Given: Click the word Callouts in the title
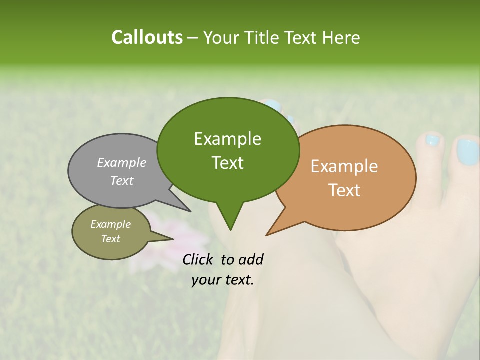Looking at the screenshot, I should (147, 37).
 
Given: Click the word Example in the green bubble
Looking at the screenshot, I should (227, 139).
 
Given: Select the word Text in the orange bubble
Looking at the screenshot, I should (344, 190).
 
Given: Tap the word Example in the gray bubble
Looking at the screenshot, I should (122, 162).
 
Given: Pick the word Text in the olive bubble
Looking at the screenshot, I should (111, 239).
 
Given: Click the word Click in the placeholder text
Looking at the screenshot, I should (198, 259).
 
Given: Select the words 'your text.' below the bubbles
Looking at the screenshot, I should (223, 280).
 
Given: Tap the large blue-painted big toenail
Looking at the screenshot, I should (467, 152).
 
